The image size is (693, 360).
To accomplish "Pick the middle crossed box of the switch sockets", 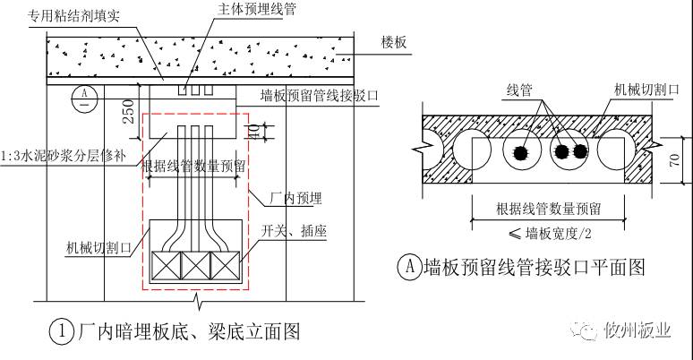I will (196, 265).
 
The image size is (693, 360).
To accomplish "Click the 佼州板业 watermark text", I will (638, 330).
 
